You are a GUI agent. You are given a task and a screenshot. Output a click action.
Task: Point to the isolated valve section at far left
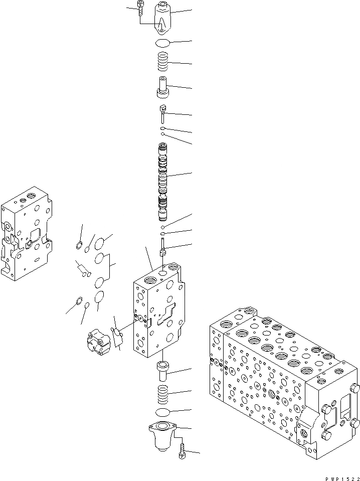[26, 233]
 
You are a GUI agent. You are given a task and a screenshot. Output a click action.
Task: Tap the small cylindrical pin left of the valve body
[82, 269]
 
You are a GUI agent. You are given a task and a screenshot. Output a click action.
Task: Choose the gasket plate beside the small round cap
[119, 338]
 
